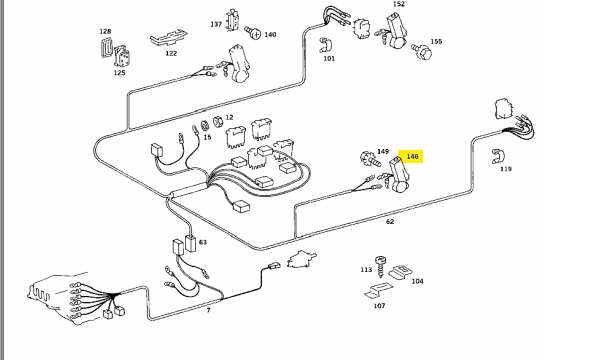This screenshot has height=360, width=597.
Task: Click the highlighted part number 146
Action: (412, 156)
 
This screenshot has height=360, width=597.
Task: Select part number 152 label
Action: (399, 4)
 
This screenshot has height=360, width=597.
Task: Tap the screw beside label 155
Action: (422, 51)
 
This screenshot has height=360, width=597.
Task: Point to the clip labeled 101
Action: (326, 46)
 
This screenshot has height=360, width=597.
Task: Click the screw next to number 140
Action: (253, 33)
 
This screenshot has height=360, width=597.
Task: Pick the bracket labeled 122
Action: (168, 38)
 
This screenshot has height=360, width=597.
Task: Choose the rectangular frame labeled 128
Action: (105, 47)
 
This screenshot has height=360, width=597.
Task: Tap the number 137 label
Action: (216, 24)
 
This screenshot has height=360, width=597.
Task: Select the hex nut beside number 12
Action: (218, 122)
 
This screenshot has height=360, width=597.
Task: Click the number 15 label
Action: (207, 137)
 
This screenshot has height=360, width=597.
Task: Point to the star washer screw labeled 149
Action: (370, 159)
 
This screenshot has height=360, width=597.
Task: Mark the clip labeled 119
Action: (497, 156)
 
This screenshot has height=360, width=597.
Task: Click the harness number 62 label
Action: (390, 221)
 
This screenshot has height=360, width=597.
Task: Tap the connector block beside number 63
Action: (190, 243)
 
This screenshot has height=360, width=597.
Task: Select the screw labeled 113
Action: (380, 266)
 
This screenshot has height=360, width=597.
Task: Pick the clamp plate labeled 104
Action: (401, 272)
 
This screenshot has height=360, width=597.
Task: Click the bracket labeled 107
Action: (378, 290)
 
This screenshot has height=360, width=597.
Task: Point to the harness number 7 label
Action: (208, 311)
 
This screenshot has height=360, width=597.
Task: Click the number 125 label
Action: (119, 73)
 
